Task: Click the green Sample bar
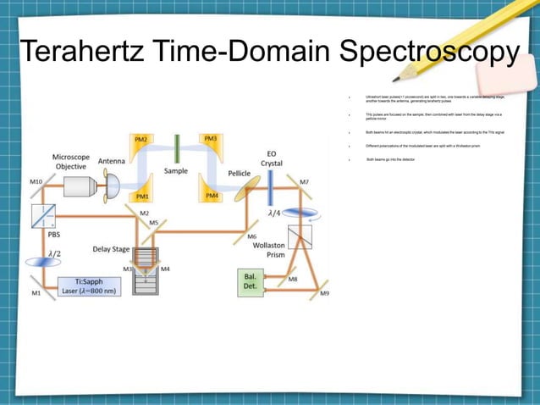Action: click(x=177, y=149)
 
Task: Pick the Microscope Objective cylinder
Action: click(x=78, y=186)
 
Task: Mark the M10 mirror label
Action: click(x=36, y=182)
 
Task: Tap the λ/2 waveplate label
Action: click(x=54, y=252)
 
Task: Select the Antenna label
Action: click(x=112, y=161)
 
